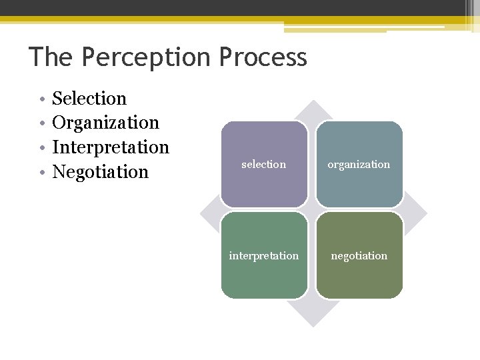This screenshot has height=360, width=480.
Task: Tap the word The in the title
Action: [52, 57]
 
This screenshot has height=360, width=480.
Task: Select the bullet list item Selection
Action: [89, 99]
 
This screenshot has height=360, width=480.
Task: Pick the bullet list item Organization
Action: [105, 123]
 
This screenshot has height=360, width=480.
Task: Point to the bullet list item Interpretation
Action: [111, 147]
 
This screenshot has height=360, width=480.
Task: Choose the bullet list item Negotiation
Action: [100, 171]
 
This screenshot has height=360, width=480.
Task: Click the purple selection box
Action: [264, 164]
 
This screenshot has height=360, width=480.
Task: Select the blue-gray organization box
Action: [359, 164]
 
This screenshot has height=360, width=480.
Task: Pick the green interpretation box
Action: [264, 255]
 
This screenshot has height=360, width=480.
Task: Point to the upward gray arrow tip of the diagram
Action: [312, 107]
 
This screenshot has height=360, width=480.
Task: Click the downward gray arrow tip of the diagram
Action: [312, 319]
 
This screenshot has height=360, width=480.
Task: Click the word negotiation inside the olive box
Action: [359, 256]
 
